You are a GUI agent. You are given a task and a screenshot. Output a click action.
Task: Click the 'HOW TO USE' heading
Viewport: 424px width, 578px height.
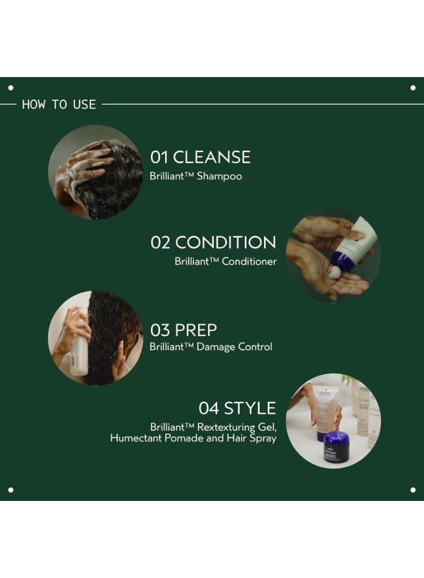(x=58, y=104)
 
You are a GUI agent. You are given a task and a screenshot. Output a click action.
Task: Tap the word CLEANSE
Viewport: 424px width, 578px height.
(x=211, y=157)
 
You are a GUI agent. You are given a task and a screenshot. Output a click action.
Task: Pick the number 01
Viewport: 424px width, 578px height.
(x=159, y=157)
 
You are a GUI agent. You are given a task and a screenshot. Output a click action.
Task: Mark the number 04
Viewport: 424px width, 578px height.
(x=209, y=408)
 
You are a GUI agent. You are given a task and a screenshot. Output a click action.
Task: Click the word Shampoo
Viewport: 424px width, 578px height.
(x=220, y=175)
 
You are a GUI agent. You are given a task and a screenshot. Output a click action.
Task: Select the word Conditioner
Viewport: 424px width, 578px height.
(x=249, y=261)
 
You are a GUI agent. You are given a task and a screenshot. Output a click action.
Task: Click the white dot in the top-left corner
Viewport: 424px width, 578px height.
(x=10, y=87)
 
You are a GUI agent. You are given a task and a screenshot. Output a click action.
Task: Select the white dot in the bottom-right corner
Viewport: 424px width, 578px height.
(x=413, y=490)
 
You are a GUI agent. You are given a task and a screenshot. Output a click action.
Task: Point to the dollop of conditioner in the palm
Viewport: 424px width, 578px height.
(x=334, y=272)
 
